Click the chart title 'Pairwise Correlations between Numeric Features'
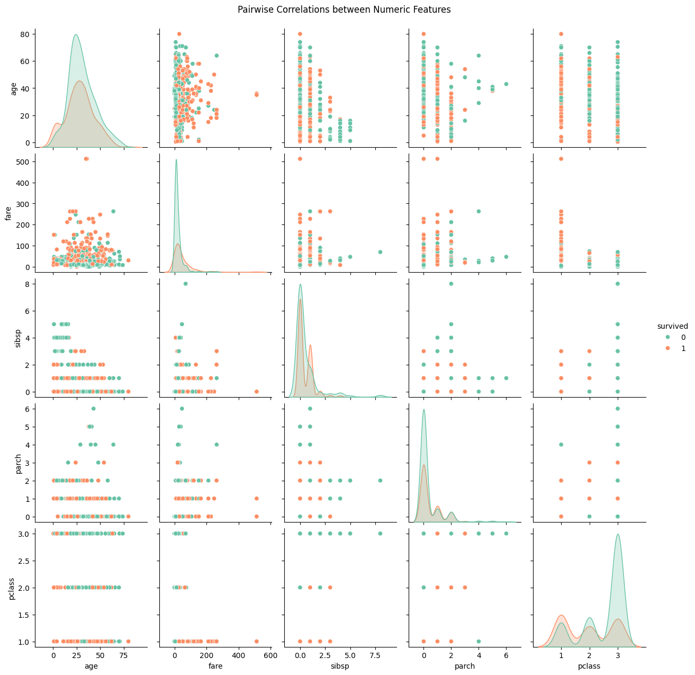[x=344, y=10]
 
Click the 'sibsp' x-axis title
[x=340, y=666]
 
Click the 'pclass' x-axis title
[x=589, y=666]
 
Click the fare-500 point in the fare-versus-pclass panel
[x=561, y=159]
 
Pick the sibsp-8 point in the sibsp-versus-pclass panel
[x=617, y=284]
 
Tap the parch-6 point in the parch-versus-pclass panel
[x=617, y=409]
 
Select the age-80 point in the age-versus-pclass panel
[x=561, y=34]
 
